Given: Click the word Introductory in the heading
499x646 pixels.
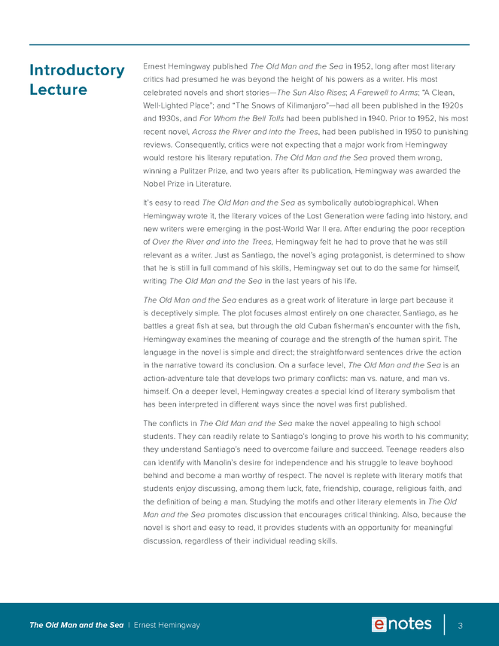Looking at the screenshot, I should pyautogui.click(x=77, y=70).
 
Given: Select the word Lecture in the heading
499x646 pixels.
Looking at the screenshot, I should pyautogui.click(x=58, y=90).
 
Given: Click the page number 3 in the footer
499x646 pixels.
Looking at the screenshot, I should pyautogui.click(x=459, y=625).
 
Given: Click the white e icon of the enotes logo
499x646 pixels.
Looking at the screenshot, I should pyautogui.click(x=381, y=624).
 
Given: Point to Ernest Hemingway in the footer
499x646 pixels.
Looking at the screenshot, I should pyautogui.click(x=166, y=625).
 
